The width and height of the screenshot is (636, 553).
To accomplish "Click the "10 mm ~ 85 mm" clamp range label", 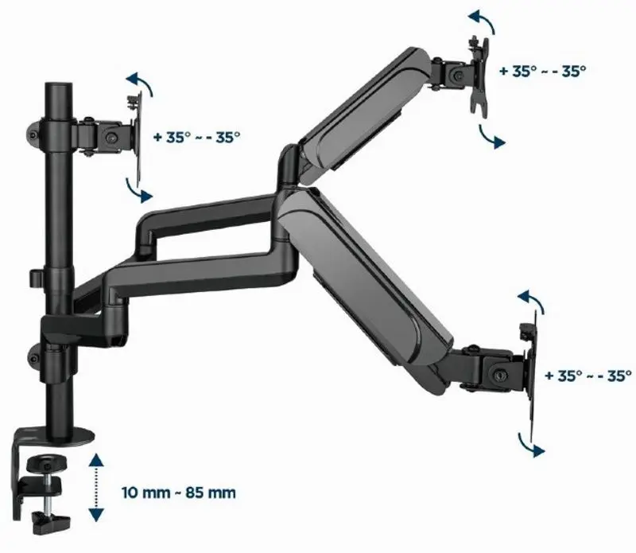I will click(x=179, y=493).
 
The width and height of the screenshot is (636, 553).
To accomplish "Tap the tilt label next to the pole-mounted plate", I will click(x=203, y=136).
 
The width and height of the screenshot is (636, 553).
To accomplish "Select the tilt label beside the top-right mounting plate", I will click(x=543, y=70).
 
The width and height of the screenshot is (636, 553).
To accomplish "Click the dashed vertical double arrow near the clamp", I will click(x=96, y=487).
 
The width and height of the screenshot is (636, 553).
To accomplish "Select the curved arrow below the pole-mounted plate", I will click(x=138, y=190).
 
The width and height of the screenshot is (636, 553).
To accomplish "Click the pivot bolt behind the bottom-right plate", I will click(x=498, y=372).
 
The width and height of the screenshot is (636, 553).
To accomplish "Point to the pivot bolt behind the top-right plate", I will click(x=456, y=74).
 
